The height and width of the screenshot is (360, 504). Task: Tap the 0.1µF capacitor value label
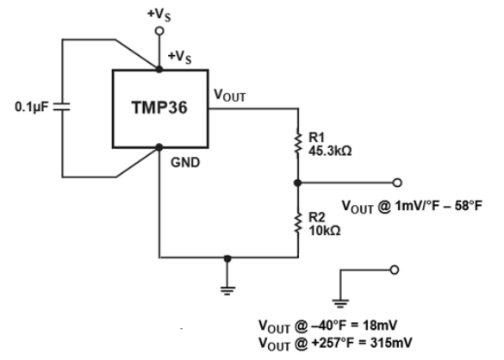coord(32,110)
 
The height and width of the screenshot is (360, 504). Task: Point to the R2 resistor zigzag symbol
coord(297,221)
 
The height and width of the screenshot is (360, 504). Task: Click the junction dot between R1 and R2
coord(297,183)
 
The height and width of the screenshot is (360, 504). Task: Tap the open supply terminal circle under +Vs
coord(159,30)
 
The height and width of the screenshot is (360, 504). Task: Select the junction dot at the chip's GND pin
coord(159,147)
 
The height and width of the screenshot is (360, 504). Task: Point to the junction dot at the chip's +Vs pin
coord(159,70)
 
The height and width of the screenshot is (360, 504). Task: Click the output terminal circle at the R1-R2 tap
coord(397,183)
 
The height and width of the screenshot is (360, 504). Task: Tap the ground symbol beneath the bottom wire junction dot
coord(227,289)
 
